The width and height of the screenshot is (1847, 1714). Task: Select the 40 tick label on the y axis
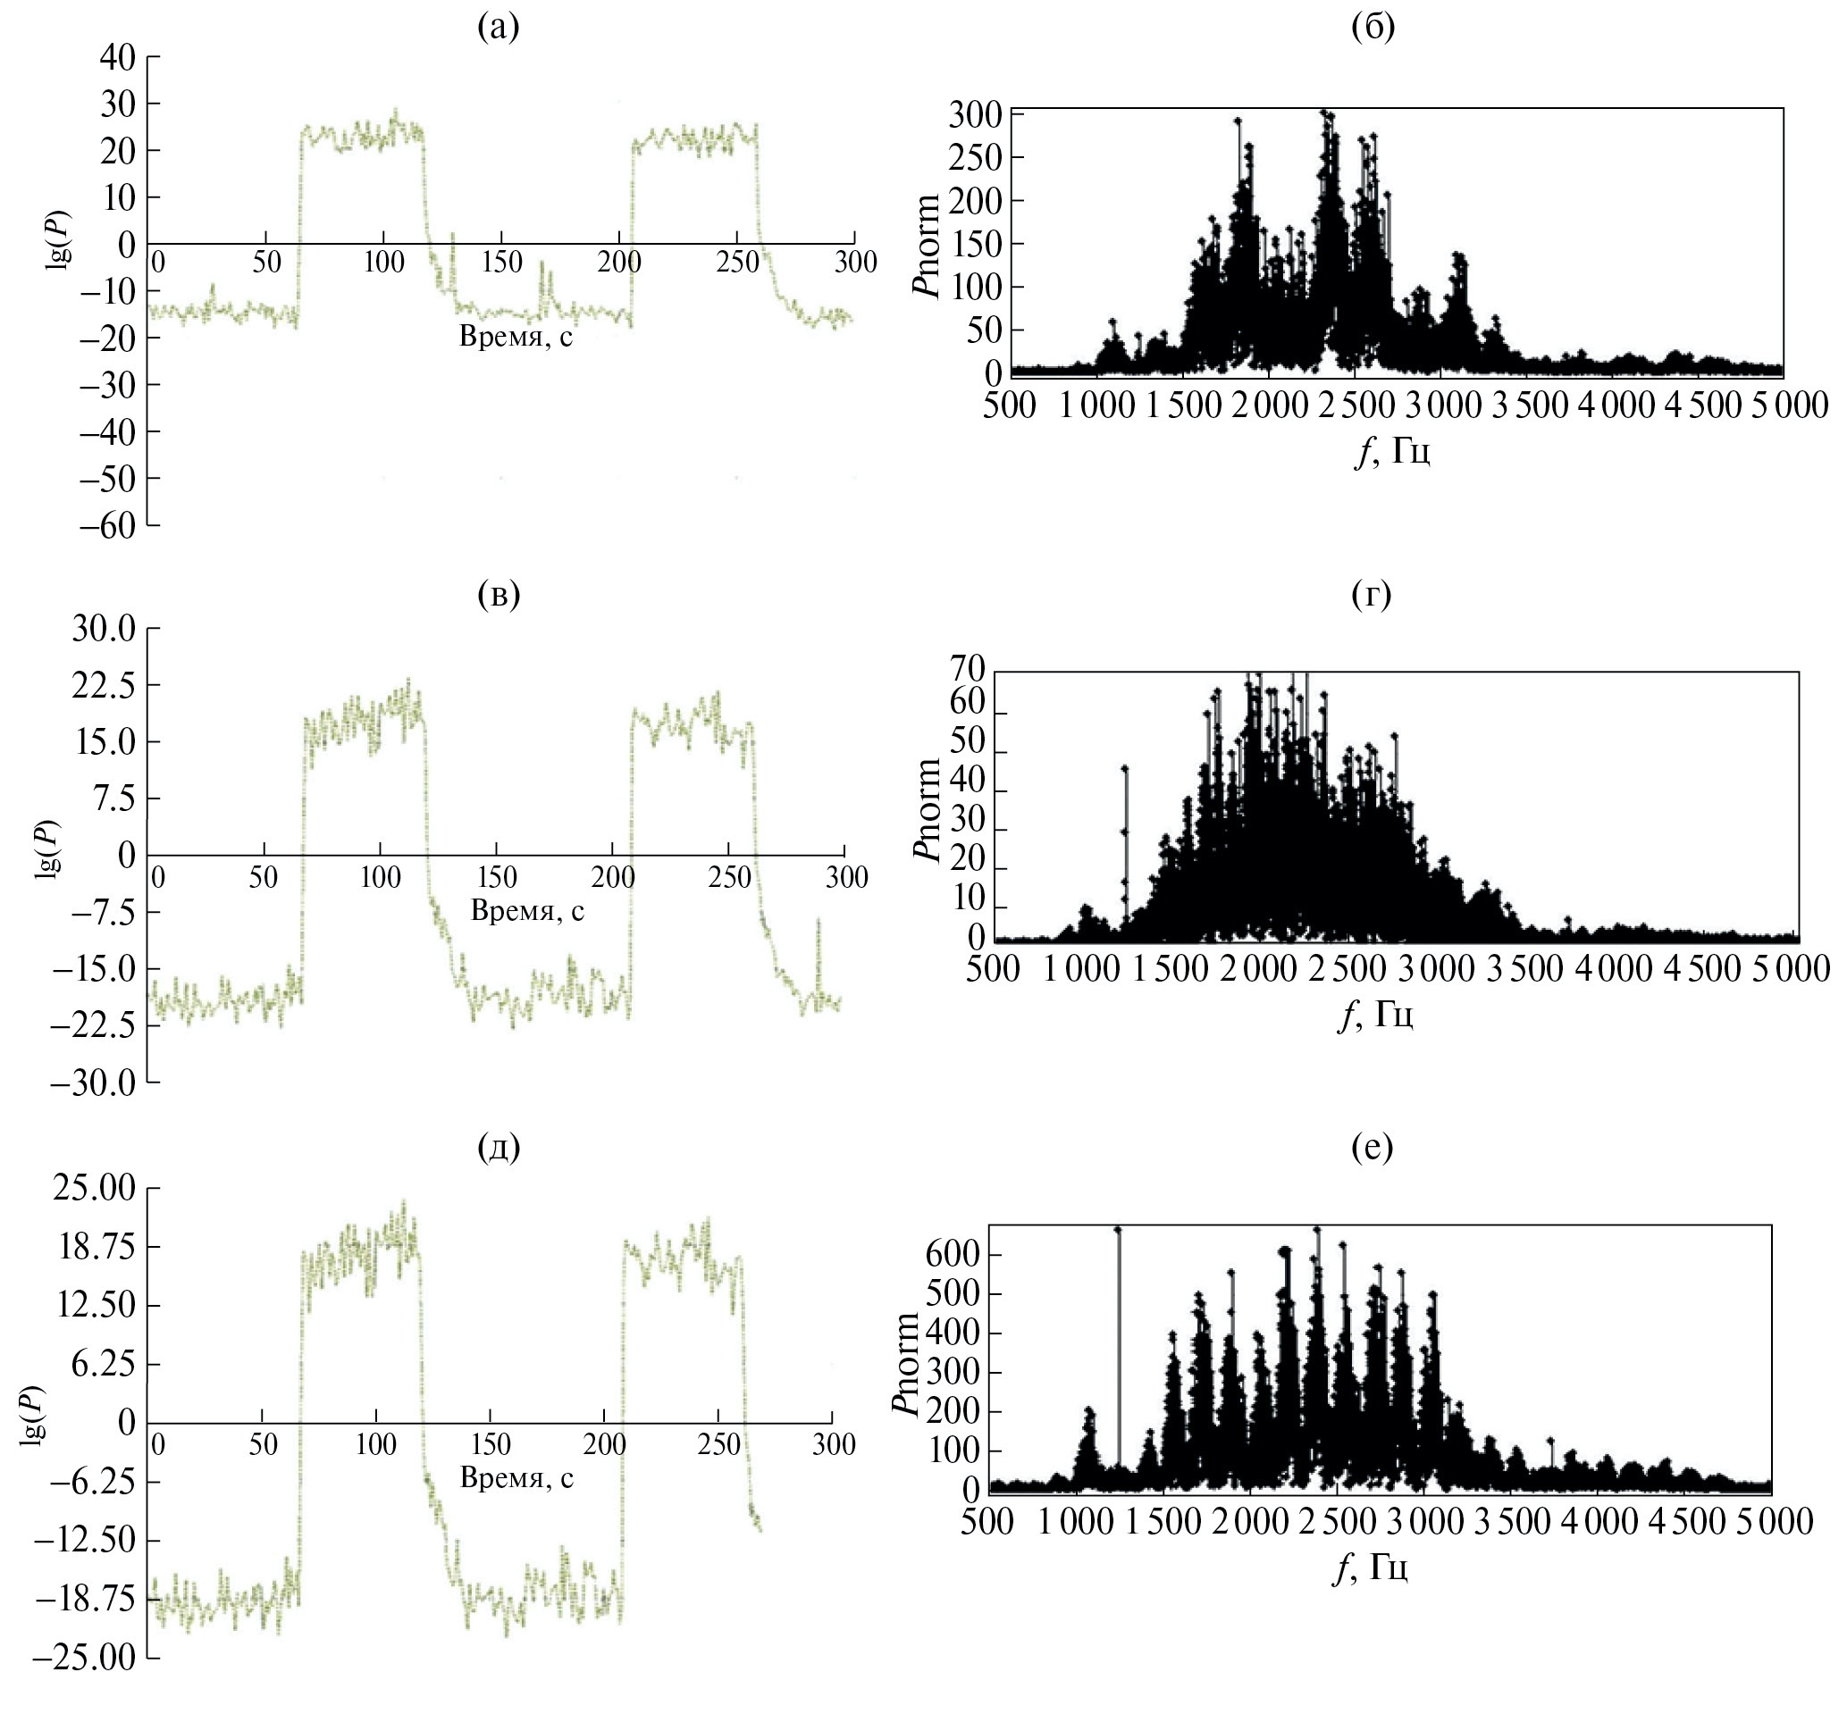[x=117, y=57]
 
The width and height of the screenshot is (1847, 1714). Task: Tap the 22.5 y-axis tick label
[x=103, y=685]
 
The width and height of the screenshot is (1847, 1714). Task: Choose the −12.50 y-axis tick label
[x=84, y=1542]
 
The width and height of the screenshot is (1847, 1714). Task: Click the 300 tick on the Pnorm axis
[x=975, y=116]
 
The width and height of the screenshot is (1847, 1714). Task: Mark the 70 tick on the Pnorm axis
[x=968, y=670]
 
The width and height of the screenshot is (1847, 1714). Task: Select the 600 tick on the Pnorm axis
[x=953, y=1255]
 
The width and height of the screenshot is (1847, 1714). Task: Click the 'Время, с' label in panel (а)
[x=516, y=336]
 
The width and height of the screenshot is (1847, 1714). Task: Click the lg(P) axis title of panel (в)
[x=46, y=849]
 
